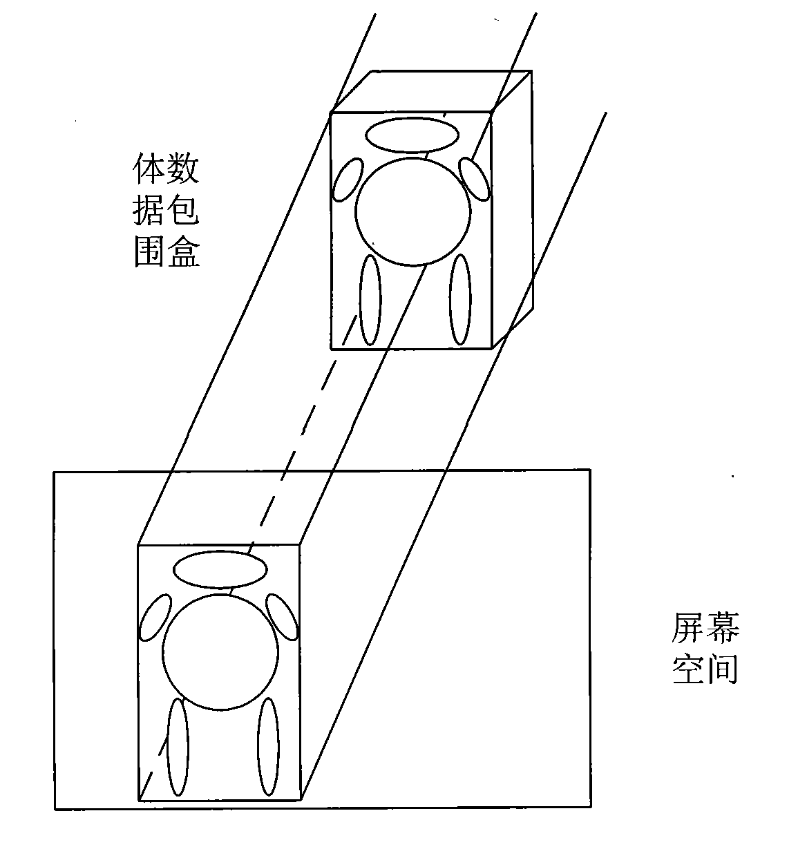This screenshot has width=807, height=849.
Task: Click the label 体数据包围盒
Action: coord(166,209)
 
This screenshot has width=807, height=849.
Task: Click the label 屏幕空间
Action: coord(705,648)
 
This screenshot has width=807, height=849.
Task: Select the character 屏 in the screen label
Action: coord(687,627)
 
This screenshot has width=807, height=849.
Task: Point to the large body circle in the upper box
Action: coord(412,158)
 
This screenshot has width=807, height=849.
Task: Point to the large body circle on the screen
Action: coord(220,595)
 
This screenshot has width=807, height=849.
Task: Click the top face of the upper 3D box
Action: coord(431,92)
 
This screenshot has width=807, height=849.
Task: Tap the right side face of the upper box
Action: coord(513,209)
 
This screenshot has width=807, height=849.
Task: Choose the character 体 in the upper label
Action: coord(148,169)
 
